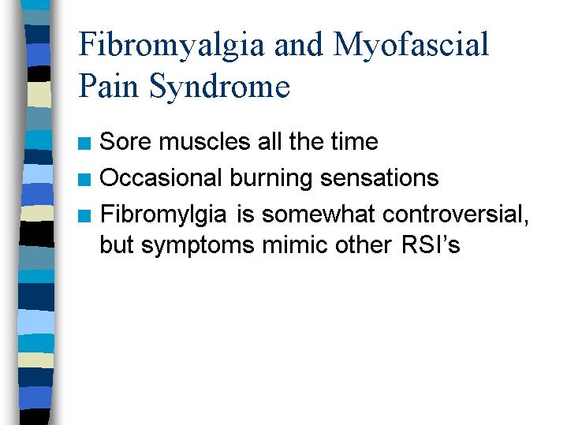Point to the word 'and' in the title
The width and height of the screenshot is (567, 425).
pos(298,44)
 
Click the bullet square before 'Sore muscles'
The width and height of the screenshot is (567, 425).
pos(84,144)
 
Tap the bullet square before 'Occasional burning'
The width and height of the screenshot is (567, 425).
pos(84,180)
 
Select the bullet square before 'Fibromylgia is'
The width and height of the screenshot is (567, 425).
pos(84,216)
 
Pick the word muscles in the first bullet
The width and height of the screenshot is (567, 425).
pos(205,141)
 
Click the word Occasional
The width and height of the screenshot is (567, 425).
pos(161,177)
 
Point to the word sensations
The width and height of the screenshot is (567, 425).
pos(379,177)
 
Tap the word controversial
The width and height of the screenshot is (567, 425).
pos(456,214)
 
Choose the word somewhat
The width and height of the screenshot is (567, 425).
pos(319,214)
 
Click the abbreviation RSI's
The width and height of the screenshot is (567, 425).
pos(431,244)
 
